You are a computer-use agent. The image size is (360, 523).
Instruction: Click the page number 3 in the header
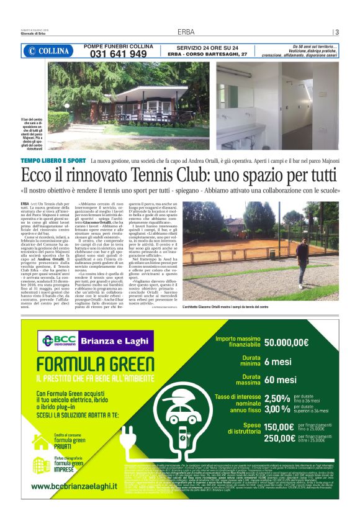point(336,32)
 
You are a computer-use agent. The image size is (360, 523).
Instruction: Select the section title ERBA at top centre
point(186,32)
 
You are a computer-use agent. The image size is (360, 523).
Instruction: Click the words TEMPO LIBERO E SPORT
point(53,161)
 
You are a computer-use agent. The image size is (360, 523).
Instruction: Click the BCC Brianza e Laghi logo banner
point(96,340)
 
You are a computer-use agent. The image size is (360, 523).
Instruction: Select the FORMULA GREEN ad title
point(87,363)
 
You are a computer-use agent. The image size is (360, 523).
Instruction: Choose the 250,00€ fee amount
point(279,439)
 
